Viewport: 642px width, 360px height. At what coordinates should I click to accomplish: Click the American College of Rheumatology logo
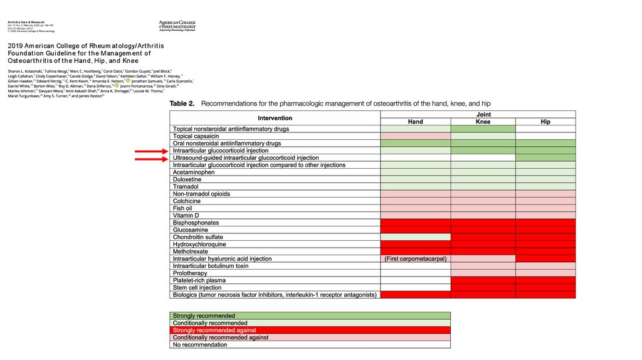pyautogui.click(x=177, y=26)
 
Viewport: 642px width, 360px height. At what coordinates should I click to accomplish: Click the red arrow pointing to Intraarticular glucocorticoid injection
pyautogui.click(x=151, y=151)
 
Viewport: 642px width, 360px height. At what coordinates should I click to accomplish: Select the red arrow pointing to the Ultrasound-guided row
pyautogui.click(x=151, y=159)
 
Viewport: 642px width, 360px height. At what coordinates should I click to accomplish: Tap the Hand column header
pyautogui.click(x=415, y=122)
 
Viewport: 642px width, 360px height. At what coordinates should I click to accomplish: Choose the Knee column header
pyautogui.click(x=483, y=122)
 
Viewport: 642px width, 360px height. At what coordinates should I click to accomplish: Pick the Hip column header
pyautogui.click(x=545, y=122)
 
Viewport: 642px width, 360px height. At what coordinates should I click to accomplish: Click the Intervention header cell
pyautogui.click(x=275, y=118)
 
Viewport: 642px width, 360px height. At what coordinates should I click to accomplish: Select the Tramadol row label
pyautogui.click(x=186, y=187)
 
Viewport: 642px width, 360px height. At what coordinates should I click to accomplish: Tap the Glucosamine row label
pyautogui.click(x=191, y=230)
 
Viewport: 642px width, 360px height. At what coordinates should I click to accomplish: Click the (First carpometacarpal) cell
pyautogui.click(x=415, y=259)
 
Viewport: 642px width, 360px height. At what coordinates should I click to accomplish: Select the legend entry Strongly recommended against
pyautogui.click(x=214, y=330)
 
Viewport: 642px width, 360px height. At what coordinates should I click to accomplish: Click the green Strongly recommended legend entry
pyautogui.click(x=204, y=315)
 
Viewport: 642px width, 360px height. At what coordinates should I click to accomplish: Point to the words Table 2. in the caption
pyautogui.click(x=182, y=103)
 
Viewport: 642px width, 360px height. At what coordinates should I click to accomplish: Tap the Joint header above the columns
pyautogui.click(x=483, y=115)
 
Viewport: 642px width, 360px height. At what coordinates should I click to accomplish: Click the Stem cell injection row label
pyautogui.click(x=197, y=288)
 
